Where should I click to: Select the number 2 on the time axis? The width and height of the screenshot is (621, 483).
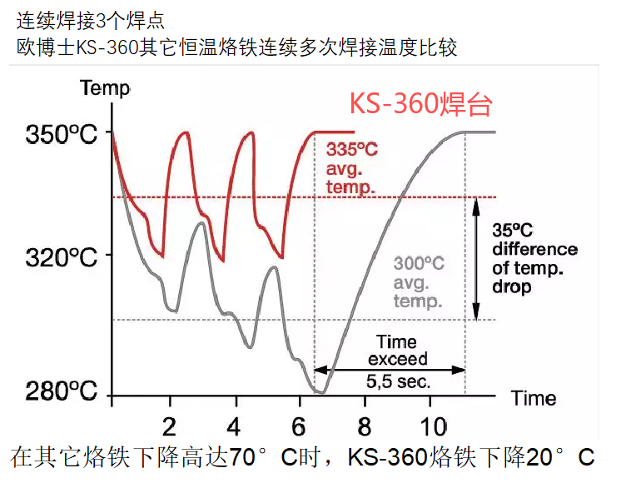(171, 426)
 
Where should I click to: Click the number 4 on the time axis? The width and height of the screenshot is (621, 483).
(234, 426)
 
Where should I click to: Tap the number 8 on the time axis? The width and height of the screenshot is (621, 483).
(364, 426)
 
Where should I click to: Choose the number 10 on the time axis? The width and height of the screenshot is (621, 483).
(432, 426)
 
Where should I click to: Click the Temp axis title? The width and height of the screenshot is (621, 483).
(105, 87)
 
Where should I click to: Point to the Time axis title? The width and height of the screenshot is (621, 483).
(534, 397)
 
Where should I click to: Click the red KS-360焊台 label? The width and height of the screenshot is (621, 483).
(420, 104)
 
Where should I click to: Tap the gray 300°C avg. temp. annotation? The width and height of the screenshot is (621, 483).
(418, 282)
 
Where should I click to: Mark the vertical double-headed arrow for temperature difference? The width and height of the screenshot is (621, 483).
(475, 258)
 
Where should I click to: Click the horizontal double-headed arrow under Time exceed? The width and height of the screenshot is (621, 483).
(390, 370)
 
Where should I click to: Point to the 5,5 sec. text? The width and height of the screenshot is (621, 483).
(398, 383)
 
